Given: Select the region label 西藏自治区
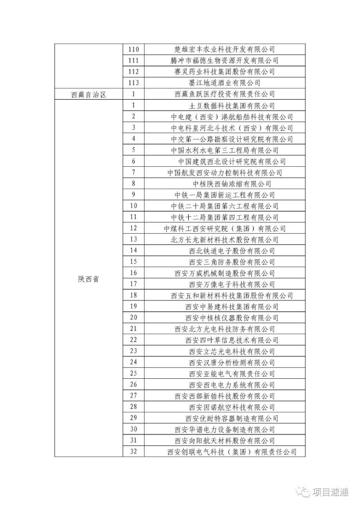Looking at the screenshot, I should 88,94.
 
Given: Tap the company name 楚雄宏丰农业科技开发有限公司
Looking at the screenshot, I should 224,49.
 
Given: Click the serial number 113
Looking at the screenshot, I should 134,83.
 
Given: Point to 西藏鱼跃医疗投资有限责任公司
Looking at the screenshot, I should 224,94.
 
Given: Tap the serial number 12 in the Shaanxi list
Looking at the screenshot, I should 134,228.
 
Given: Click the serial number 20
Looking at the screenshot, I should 134,318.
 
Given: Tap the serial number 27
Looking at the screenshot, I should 134,396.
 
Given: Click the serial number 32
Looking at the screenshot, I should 134,452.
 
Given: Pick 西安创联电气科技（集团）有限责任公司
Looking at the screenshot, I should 232,452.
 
